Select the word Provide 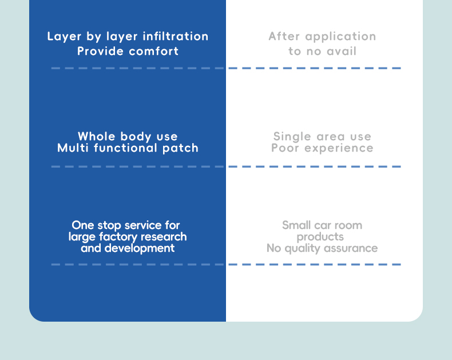coord(101,51)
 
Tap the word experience coord(339,148)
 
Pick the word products coord(320,236)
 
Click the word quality coord(300,248)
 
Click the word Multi coord(72,148)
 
